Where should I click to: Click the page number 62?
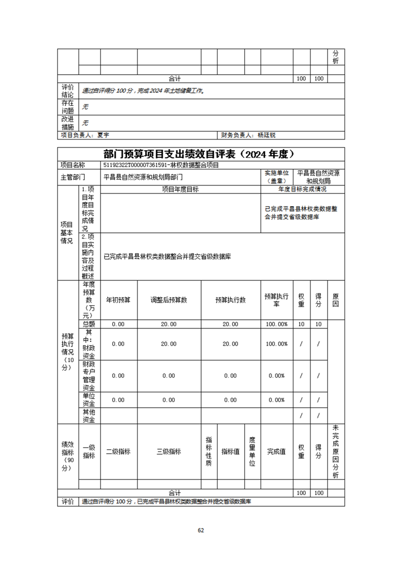tap(200, 530)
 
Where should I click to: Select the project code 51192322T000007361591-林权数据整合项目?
tap(161, 165)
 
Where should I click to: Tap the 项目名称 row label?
tap(73, 165)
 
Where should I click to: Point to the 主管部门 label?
tap(73, 177)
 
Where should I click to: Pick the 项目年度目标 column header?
tap(181, 190)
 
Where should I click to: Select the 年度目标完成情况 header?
tap(302, 190)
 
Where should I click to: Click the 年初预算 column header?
tap(118, 300)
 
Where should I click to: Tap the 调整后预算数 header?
tap(169, 300)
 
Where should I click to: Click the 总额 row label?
tap(89, 324)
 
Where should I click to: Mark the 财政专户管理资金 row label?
tap(89, 375)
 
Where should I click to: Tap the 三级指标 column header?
tap(169, 452)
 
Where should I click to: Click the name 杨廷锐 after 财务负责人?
tap(266, 135)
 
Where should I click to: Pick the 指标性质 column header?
tap(209, 452)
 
